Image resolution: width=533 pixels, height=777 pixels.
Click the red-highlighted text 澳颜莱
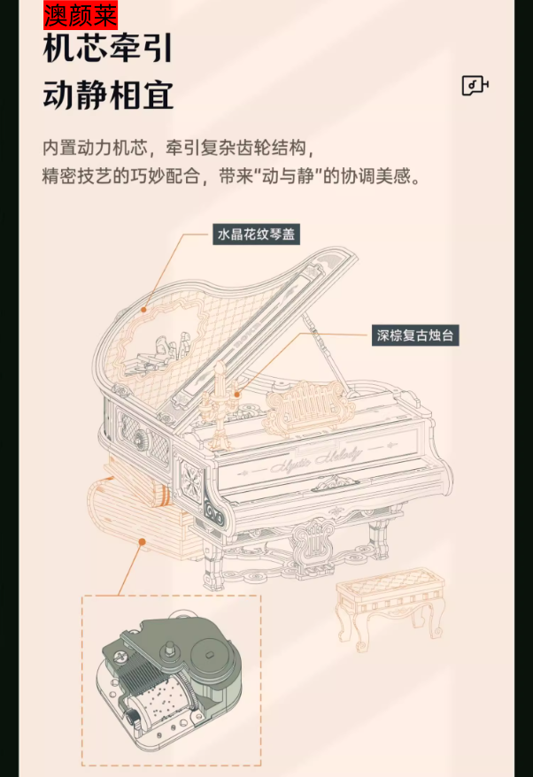tap(81, 15)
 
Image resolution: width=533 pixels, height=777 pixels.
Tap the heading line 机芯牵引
tap(108, 49)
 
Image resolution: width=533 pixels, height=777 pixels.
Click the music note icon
tap(475, 85)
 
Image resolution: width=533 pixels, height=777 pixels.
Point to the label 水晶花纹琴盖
tap(257, 234)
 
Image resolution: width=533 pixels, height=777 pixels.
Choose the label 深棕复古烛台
tap(415, 335)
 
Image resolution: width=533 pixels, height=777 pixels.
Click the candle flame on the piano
tap(219, 367)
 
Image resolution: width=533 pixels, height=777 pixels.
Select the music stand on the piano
tap(311, 405)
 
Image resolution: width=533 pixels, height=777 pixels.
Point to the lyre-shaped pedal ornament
tap(313, 541)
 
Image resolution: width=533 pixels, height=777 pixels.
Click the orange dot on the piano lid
tap(143, 310)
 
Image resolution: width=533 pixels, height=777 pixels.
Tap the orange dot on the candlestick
tap(237, 395)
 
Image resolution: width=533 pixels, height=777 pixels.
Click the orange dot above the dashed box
tap(142, 542)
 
